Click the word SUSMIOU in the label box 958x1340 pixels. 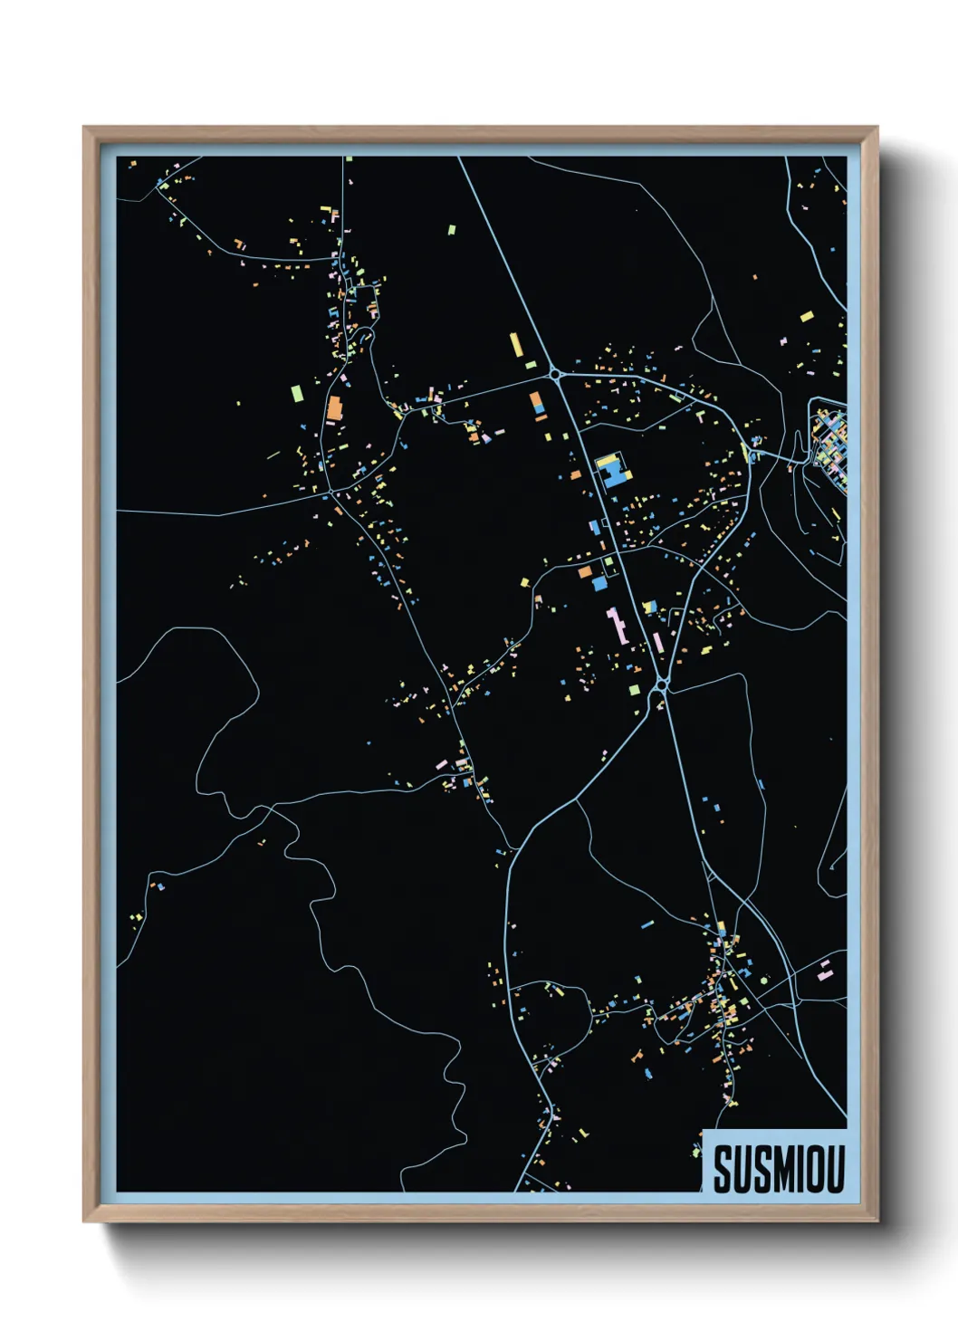coord(778,1169)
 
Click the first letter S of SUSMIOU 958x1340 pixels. coord(723,1169)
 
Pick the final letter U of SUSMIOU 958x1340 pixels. coord(834,1169)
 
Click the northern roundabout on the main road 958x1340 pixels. coord(554,373)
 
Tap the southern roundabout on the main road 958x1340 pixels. coord(662,687)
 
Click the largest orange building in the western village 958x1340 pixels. coord(334,408)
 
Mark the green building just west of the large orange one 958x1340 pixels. coord(296,394)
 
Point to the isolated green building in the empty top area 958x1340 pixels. coord(451,230)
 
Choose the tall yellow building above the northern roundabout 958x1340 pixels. coord(515,345)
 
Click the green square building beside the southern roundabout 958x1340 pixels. coord(634,690)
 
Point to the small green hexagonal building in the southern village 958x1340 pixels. coord(763,980)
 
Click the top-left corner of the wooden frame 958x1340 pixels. coord(85,129)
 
